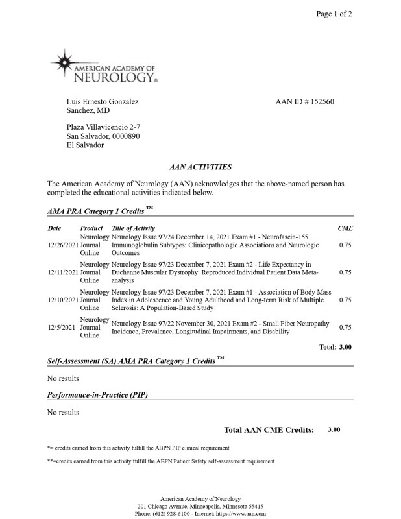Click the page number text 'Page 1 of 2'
tap(334, 15)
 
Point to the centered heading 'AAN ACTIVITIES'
tap(200, 167)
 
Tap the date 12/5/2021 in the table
tap(62, 328)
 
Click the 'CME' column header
tap(345, 228)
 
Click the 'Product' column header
tap(91, 228)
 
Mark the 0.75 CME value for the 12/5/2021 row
tap(345, 328)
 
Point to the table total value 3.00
tap(345, 347)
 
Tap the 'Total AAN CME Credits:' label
tap(269, 429)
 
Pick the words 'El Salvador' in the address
tap(85, 145)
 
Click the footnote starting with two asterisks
tap(161, 461)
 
